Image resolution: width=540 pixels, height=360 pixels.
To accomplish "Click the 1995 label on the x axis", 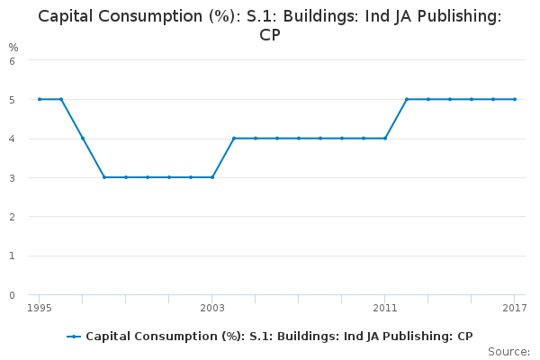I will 40,308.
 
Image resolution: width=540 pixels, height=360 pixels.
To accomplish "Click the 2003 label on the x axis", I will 212,308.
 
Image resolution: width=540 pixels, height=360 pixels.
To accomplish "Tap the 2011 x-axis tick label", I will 385,308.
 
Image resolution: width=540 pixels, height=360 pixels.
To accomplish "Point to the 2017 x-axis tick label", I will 514,308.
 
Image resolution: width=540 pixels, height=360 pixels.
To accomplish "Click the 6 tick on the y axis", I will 12,61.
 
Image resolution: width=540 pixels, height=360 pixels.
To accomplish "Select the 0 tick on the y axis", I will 12,294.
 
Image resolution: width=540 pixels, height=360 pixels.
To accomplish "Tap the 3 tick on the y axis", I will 12,178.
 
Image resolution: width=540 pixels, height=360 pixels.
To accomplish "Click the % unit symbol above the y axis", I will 13,47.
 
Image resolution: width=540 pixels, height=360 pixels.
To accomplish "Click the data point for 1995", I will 40,99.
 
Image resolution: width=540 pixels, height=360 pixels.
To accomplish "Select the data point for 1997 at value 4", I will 83,139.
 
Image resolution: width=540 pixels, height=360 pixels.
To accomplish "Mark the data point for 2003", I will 212,177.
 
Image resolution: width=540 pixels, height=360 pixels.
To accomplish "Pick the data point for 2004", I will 234,139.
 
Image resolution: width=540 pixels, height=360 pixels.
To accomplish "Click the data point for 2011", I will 385,139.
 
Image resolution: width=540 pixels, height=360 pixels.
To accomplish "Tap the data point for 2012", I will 407,99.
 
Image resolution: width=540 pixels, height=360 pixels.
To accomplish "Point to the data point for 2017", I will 515,99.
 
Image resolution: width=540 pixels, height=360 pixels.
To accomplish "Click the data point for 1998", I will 104,177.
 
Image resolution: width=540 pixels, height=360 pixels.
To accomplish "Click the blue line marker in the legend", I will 75,336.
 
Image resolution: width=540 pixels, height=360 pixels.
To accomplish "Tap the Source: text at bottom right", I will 508,351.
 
